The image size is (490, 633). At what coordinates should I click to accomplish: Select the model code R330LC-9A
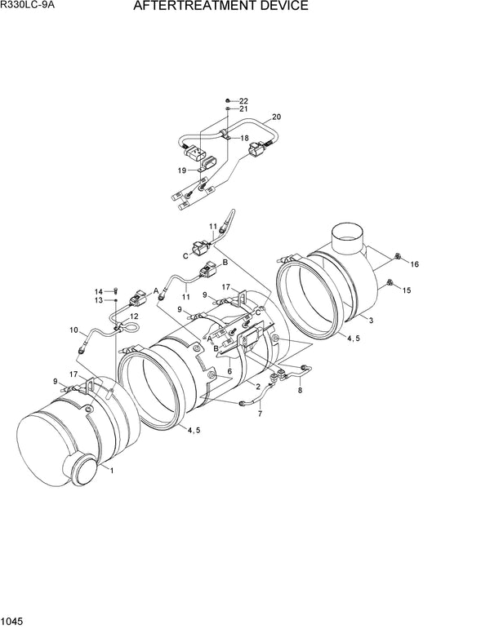[31, 7]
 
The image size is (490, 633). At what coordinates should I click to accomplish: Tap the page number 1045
[14, 623]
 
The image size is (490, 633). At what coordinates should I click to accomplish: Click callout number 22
[243, 100]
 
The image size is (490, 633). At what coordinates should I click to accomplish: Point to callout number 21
[243, 109]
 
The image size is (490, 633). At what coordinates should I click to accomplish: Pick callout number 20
[276, 117]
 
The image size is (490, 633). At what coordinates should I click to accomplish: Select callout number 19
[182, 170]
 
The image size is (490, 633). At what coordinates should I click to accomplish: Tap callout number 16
[414, 264]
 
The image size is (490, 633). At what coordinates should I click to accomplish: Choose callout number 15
[406, 290]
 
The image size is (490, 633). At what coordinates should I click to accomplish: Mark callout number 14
[99, 291]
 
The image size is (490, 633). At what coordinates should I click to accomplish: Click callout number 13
[99, 301]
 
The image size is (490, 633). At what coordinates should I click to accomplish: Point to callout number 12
[134, 316]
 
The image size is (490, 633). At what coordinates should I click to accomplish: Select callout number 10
[73, 330]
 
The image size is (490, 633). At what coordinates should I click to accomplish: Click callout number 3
[371, 321]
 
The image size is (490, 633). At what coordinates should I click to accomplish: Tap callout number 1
[112, 471]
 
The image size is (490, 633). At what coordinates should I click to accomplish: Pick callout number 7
[260, 414]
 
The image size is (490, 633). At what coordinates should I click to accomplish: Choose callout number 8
[299, 391]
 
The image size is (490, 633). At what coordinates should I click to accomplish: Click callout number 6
[230, 371]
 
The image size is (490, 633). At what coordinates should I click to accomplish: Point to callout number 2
[257, 387]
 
